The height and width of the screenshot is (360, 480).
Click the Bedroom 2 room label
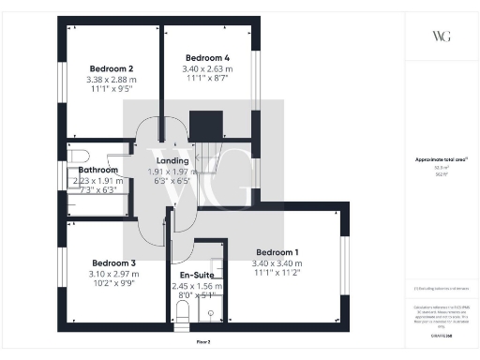click(112, 68)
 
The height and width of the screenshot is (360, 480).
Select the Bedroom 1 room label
click(277, 252)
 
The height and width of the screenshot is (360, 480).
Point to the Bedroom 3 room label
click(112, 262)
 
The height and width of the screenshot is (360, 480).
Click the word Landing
click(171, 160)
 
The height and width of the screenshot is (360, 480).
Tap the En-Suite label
click(197, 276)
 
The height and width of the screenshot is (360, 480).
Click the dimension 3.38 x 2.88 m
click(112, 81)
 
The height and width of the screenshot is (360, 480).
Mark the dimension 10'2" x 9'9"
click(112, 286)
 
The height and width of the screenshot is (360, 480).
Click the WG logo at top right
click(441, 37)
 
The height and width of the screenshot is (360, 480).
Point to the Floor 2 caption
click(202, 343)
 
